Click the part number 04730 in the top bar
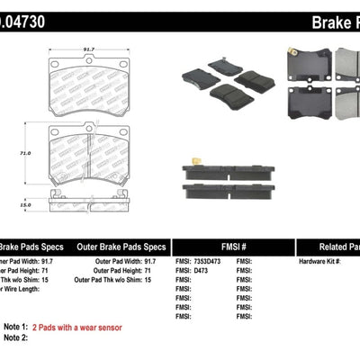pos(27,20)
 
